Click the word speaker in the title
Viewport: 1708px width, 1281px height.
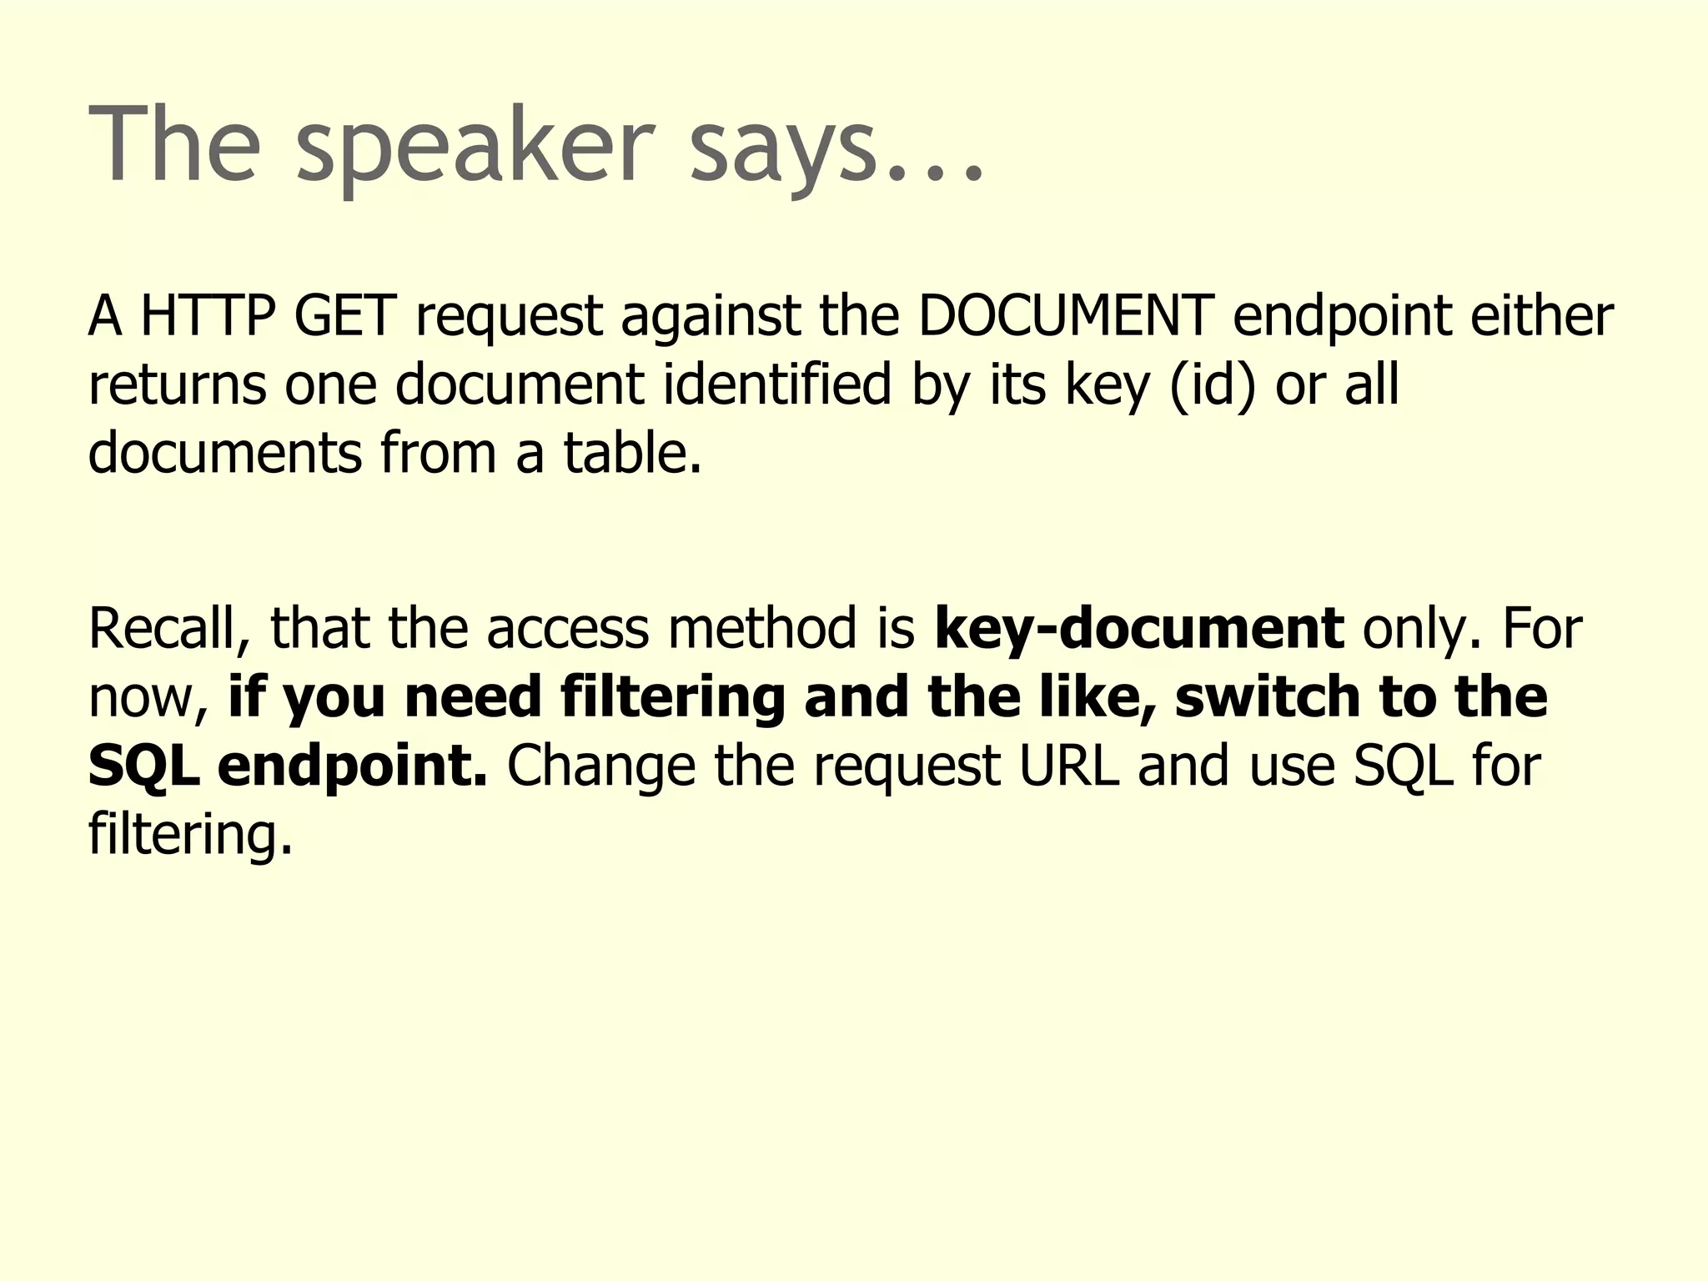(471, 146)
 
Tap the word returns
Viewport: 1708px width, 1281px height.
(177, 385)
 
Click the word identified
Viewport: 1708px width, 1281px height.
(776, 385)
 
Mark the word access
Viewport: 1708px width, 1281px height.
(567, 630)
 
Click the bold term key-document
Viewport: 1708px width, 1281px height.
(1138, 630)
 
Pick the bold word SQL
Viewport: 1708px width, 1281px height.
(143, 766)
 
